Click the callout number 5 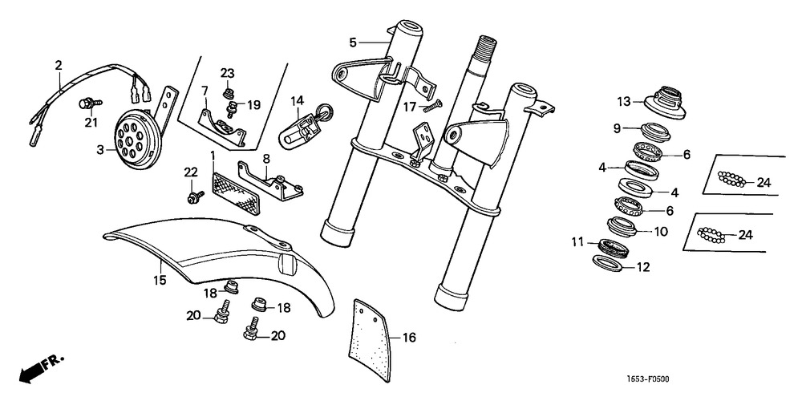click(352, 42)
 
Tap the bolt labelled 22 click(193, 195)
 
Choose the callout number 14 click(298, 100)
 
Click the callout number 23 click(227, 74)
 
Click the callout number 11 click(577, 241)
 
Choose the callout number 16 click(409, 338)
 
